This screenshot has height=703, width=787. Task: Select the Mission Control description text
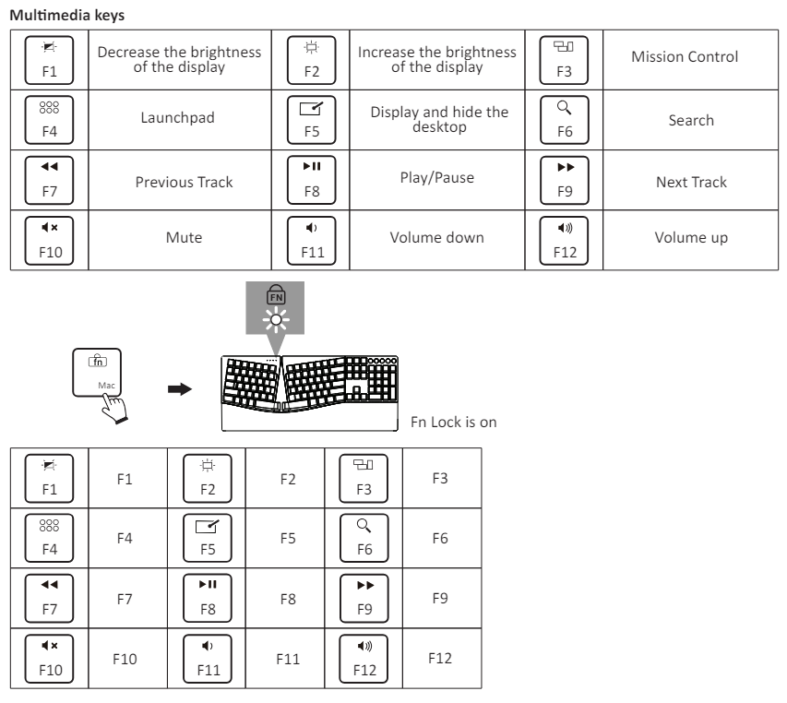[684, 57]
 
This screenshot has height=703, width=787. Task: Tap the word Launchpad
[184, 120]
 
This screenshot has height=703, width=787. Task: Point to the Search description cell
[691, 120]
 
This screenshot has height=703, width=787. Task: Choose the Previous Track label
[184, 182]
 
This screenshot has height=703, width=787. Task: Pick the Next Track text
[691, 182]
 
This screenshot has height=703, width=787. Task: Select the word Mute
[184, 238]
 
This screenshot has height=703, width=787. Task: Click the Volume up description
[691, 238]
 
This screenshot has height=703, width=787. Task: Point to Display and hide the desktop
[439, 119]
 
